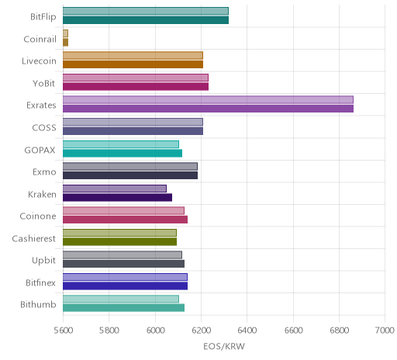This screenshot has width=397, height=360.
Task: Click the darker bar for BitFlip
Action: pos(146,20)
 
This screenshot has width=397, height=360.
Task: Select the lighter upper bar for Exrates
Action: pos(208,100)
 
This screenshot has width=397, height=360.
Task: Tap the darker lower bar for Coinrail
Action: pos(65,43)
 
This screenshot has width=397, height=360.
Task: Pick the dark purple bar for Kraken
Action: pos(117,198)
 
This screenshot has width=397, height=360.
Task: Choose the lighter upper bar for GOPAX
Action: pos(121,144)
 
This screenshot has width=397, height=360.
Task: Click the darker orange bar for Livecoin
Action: pos(133,64)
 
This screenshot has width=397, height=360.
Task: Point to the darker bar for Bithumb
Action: pos(123,308)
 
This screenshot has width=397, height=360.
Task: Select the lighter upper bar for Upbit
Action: pos(123,255)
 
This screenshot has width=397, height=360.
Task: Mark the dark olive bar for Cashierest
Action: pos(119,242)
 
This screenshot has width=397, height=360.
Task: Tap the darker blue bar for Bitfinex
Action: pos(125,286)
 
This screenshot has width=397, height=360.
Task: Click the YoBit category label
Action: pos(44,83)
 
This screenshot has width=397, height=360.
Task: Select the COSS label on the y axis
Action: pos(44,127)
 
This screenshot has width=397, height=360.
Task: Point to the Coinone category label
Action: pos(38,216)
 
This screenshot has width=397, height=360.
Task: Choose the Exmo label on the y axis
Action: pos(44,171)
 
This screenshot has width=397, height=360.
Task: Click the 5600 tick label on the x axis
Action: pos(63,331)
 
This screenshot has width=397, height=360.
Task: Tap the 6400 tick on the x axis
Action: pos(247,331)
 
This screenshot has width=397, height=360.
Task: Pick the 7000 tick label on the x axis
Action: pos(385,331)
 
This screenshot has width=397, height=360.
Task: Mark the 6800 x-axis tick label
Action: pos(339,331)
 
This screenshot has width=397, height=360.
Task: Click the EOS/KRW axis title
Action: pos(224,347)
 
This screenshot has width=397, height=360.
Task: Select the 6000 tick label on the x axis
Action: pos(155,331)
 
